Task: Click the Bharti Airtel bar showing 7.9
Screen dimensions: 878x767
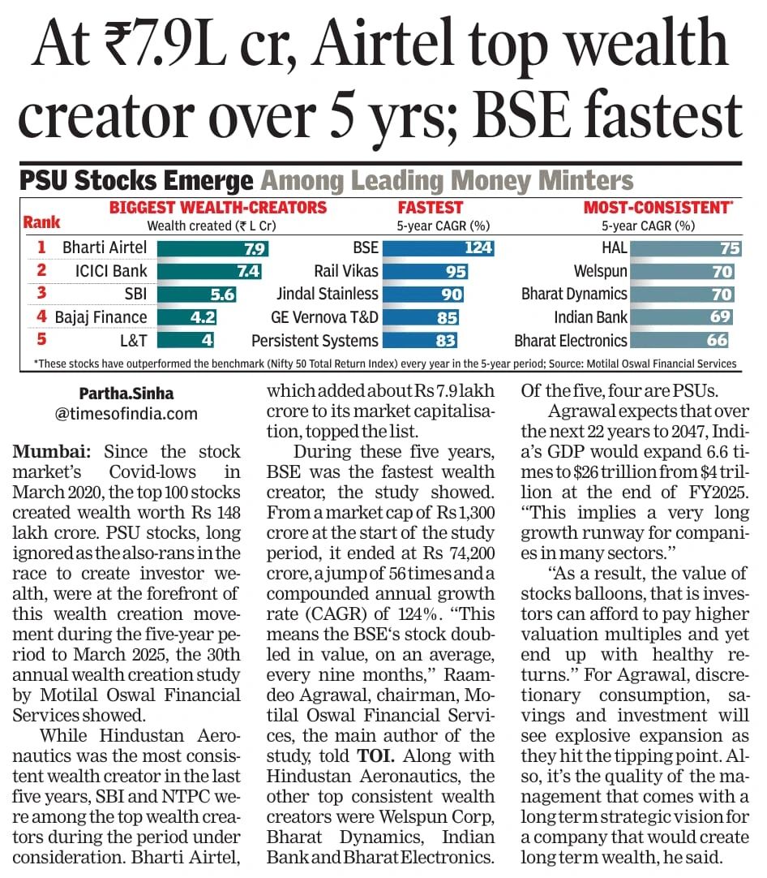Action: pyautogui.click(x=213, y=247)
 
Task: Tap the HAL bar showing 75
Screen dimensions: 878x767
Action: pyautogui.click(x=683, y=247)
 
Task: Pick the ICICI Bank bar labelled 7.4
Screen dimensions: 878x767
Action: pyautogui.click(x=210, y=271)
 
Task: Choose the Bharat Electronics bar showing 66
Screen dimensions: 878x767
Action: pyautogui.click(x=679, y=340)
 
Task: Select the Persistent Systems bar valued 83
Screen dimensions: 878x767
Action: pyautogui.click(x=420, y=340)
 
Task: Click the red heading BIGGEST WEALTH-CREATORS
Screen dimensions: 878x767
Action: pyautogui.click(x=218, y=208)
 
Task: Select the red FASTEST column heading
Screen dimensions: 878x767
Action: pyautogui.click(x=431, y=208)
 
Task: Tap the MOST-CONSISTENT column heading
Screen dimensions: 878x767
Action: pyautogui.click(x=658, y=208)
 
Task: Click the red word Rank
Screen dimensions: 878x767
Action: pyautogui.click(x=41, y=222)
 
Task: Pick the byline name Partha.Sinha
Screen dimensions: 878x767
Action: pyautogui.click(x=126, y=394)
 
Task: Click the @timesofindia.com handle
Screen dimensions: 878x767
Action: pyautogui.click(x=126, y=414)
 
